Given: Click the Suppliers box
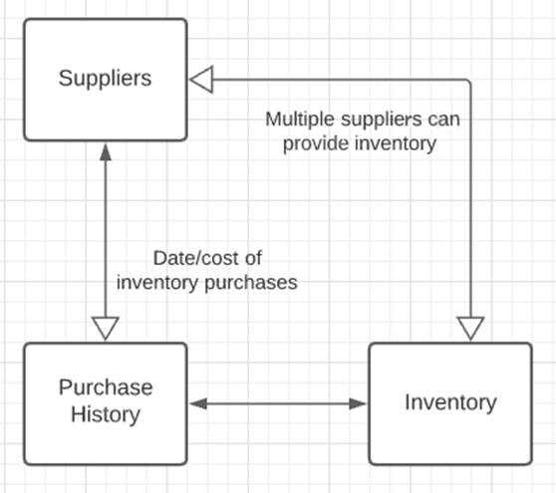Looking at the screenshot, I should pyautogui.click(x=105, y=79).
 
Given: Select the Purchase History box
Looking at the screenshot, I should pyautogui.click(x=105, y=402).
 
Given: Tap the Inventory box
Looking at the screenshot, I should pyautogui.click(x=449, y=402).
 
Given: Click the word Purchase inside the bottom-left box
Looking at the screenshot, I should pyautogui.click(x=105, y=387).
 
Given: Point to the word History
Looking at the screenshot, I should pyautogui.click(x=105, y=414).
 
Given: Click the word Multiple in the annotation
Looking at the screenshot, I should pyautogui.click(x=296, y=120).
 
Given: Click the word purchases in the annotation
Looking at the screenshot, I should pyautogui.click(x=257, y=283).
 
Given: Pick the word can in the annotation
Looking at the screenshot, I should pyautogui.click(x=442, y=120).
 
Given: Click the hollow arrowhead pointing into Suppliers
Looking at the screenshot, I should pyautogui.click(x=202, y=79).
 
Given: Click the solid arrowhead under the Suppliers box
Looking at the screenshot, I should pyautogui.click(x=105, y=151).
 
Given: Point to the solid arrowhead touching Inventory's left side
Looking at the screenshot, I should pyautogui.click(x=359, y=403).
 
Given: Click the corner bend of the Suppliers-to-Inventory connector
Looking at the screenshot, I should pyautogui.click(x=470, y=79).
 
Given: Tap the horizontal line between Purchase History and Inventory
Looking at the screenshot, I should pyautogui.click(x=278, y=403).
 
